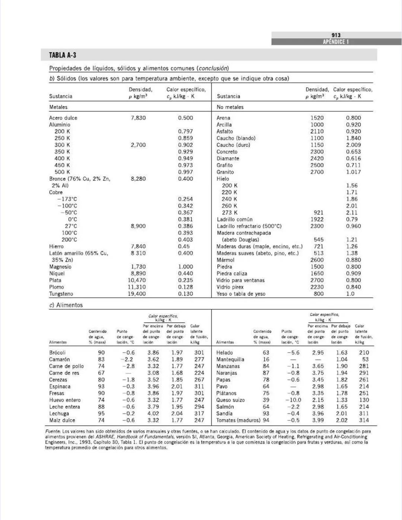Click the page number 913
pyautogui.click(x=336, y=35)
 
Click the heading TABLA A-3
pyautogui.click(x=63, y=55)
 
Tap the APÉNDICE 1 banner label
pyautogui.click(x=336, y=42)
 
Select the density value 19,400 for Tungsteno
pyautogui.click(x=137, y=294)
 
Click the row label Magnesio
pyautogui.click(x=60, y=267)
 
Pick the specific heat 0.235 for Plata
pyautogui.click(x=185, y=280)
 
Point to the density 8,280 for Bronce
pyautogui.click(x=138, y=179)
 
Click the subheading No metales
pyautogui.click(x=230, y=107)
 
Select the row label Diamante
pyautogui.click(x=228, y=158)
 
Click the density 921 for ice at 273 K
pyautogui.click(x=318, y=213)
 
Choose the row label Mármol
pyautogui.click(x=226, y=260)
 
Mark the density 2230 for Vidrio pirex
pyautogui.click(x=317, y=287)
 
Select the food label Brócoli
pyautogui.click(x=57, y=352)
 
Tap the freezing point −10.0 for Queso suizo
pyautogui.click(x=293, y=400)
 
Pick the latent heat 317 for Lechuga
pyautogui.click(x=199, y=413)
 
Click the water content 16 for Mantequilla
pyautogui.click(x=266, y=359)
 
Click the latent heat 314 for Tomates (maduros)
pyautogui.click(x=364, y=420)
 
